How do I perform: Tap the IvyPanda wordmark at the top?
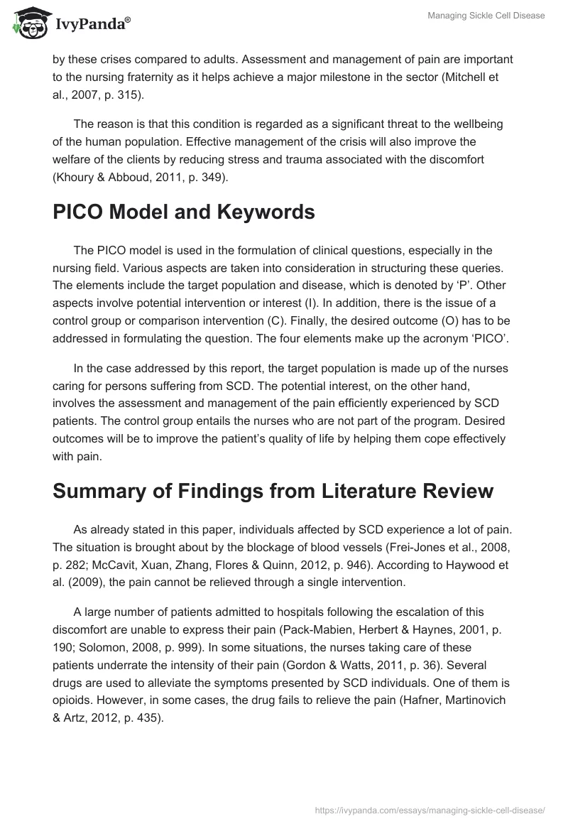click(91, 26)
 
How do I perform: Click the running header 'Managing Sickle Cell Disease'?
click(486, 16)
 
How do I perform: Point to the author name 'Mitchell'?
click(466, 77)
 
